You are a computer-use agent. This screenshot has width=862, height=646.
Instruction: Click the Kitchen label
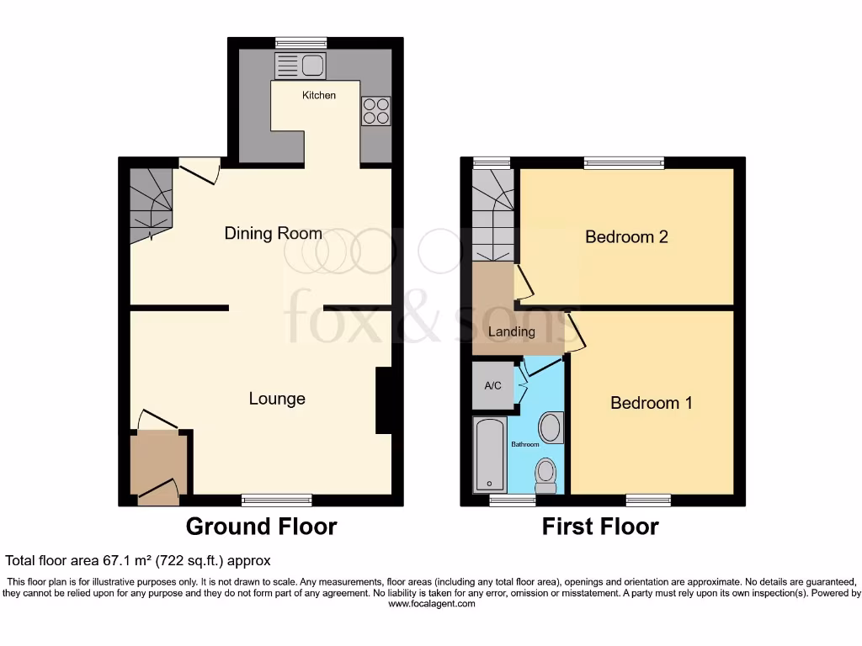point(319,95)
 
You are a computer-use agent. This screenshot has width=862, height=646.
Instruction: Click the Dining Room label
point(273,233)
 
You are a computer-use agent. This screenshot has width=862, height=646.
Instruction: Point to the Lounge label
point(276,399)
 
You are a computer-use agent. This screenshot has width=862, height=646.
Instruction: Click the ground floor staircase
point(150,203)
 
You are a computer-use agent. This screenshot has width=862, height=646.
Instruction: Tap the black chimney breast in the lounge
point(383,400)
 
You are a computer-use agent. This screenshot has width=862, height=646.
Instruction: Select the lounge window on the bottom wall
point(277,500)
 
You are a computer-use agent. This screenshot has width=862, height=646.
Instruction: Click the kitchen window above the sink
point(301,43)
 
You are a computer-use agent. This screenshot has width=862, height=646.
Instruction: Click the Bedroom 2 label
point(626,237)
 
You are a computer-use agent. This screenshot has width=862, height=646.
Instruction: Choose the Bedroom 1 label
point(651,403)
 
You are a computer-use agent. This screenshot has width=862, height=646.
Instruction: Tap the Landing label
point(512,331)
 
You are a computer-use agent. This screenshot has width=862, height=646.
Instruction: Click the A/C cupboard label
point(492,386)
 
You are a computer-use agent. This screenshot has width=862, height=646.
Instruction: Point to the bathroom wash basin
point(551,427)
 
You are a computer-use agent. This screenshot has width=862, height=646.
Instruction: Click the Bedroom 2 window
point(624,162)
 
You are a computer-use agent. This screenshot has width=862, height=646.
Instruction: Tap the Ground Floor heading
point(261,527)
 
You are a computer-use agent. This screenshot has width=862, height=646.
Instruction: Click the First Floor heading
point(599,527)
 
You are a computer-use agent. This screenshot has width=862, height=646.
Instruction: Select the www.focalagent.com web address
point(430,604)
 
